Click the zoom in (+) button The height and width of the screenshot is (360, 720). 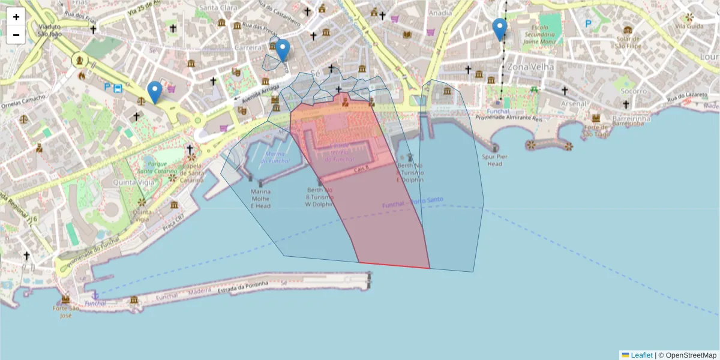tap(16, 17)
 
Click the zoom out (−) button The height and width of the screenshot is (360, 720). tap(16, 35)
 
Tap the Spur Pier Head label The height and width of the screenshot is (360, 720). tap(494, 160)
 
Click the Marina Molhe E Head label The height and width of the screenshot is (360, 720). tap(260, 199)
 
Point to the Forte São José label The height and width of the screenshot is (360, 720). tap(66, 311)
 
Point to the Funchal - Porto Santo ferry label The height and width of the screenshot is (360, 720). tap(413, 204)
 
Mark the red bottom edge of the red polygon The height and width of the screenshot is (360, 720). tap(394, 265)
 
